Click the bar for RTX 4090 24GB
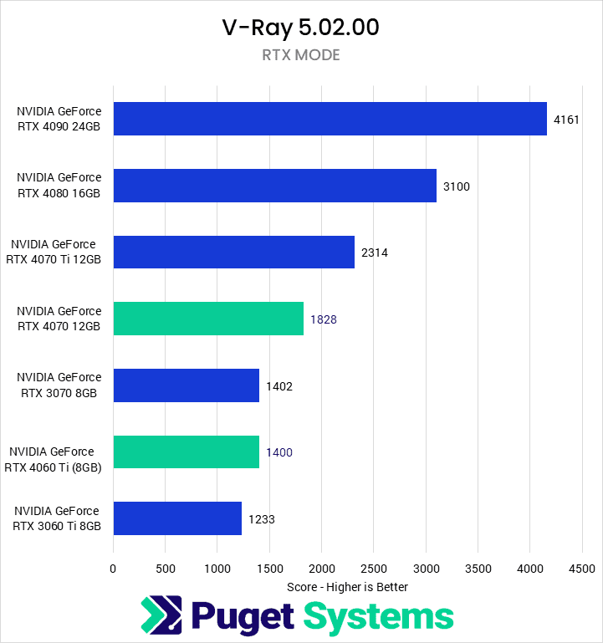(330, 119)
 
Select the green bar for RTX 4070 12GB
(208, 319)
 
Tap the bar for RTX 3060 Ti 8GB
(177, 518)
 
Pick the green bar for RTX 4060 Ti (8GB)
(186, 452)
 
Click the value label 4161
(566, 120)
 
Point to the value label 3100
(457, 186)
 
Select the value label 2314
(375, 253)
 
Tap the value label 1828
(324, 319)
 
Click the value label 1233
(261, 519)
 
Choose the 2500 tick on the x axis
(373, 569)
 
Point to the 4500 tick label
(581, 569)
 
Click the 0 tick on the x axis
(113, 569)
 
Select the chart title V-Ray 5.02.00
(301, 28)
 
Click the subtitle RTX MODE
(301, 56)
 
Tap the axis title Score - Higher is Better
(347, 587)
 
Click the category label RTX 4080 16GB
(59, 186)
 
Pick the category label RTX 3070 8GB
(59, 385)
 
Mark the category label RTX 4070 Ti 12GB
(56, 253)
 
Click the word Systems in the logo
(378, 616)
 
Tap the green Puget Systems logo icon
(161, 616)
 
